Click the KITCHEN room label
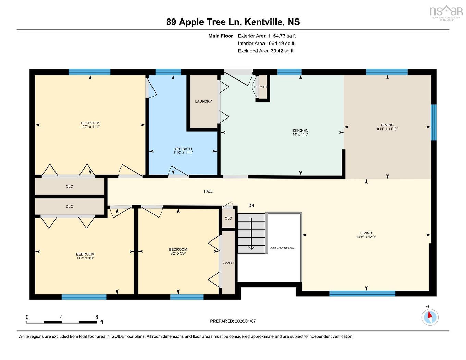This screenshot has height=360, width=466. (300, 131)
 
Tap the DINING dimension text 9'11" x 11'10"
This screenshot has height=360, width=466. (387, 129)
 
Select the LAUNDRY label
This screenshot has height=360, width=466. (203, 101)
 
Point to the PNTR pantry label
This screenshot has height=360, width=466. (262, 87)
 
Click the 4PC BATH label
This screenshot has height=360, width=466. (183, 149)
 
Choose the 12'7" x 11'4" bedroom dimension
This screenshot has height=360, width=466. (90, 127)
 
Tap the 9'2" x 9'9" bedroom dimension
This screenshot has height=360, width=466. (178, 253)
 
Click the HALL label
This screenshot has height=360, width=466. (208, 191)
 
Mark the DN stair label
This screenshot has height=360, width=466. (251, 206)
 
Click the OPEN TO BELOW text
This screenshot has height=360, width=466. (282, 248)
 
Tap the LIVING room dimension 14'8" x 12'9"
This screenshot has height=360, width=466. (366, 237)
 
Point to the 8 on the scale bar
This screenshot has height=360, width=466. (97, 317)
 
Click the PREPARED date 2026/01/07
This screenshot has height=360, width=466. (245, 321)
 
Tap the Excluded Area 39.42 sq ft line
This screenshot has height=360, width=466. (266, 51)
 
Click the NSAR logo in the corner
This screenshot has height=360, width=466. (446, 12)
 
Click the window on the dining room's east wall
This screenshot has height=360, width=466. (433, 123)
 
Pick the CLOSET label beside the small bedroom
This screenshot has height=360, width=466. (228, 263)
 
